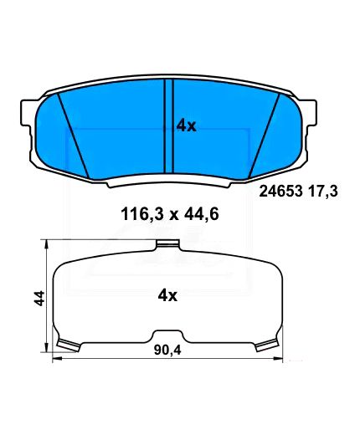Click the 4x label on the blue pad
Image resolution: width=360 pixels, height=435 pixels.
tap(187, 126)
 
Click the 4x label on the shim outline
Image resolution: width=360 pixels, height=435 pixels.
tap(167, 295)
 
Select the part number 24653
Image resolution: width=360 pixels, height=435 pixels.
tap(280, 192)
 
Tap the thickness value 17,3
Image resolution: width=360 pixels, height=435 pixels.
tap(323, 192)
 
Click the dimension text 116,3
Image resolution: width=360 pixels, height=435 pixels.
tap(141, 215)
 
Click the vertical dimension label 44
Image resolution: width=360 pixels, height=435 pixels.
tap(40, 298)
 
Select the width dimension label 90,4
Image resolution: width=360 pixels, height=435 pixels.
tap(167, 350)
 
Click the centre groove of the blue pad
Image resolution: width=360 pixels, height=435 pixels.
tap(168, 126)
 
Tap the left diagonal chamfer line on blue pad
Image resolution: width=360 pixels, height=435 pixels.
tap(74, 136)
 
